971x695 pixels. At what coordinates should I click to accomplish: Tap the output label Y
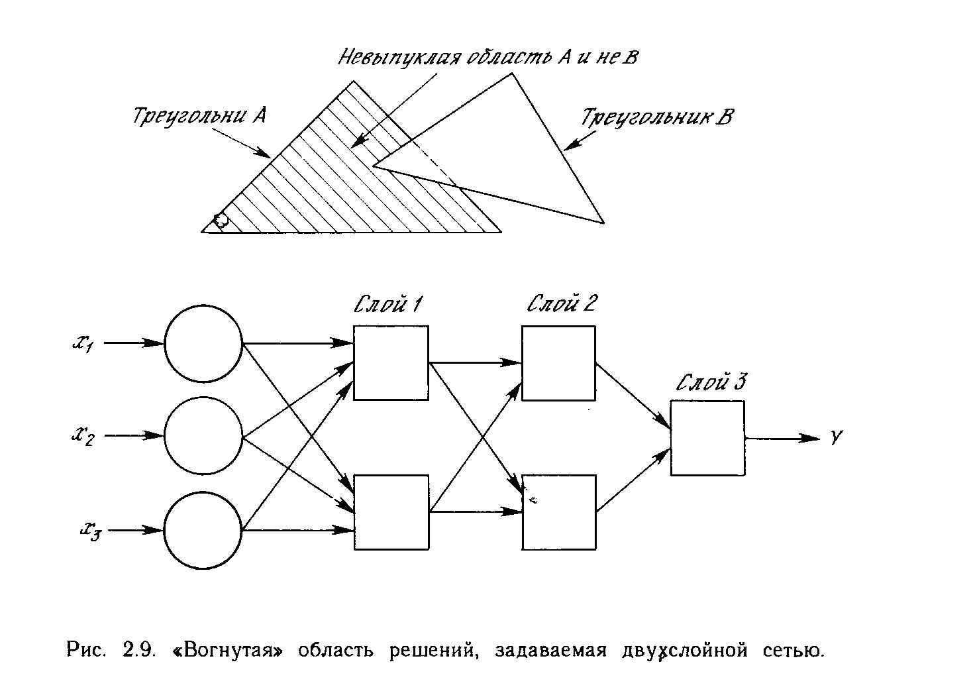click(x=836, y=437)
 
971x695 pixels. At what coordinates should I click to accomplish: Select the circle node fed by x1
click(x=203, y=344)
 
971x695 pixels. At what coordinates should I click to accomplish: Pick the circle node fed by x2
click(x=203, y=437)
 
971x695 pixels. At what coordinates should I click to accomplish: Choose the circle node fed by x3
click(x=203, y=530)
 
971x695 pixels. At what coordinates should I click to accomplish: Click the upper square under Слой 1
click(x=391, y=362)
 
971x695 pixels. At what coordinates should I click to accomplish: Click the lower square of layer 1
click(x=391, y=512)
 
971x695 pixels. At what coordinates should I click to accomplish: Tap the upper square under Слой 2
click(x=558, y=362)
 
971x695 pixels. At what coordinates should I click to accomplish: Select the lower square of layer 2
click(x=558, y=512)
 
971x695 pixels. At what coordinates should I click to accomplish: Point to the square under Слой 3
click(x=707, y=438)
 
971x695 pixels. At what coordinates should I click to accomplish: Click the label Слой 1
click(x=389, y=305)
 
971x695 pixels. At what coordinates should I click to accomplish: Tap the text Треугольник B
click(x=658, y=118)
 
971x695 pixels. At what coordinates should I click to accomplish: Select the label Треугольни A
click(x=199, y=117)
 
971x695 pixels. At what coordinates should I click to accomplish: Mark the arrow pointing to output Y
click(x=783, y=438)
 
